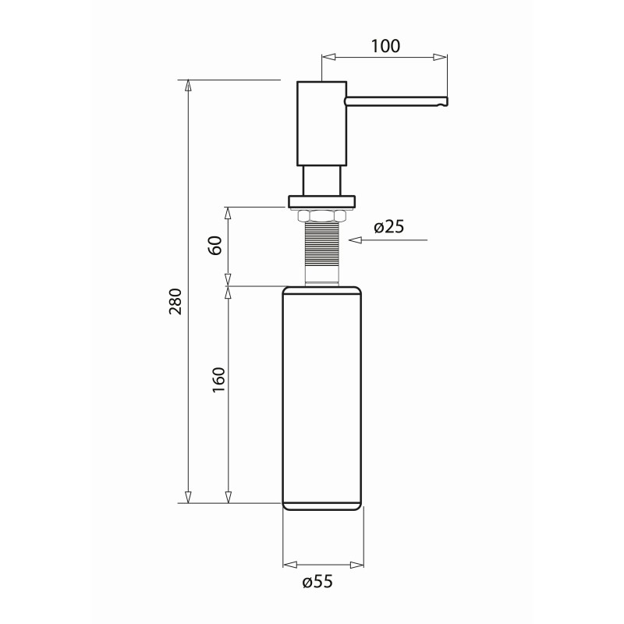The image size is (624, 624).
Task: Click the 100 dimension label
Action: (386, 45)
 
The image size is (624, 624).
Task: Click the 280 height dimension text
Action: (175, 303)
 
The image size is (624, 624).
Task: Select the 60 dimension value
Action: (216, 246)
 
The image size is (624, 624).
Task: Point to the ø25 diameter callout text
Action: (388, 227)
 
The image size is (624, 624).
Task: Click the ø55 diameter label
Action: (321, 582)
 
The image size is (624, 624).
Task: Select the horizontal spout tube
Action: (394, 100)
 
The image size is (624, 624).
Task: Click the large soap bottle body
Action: (322, 398)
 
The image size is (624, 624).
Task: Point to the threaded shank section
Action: (322, 246)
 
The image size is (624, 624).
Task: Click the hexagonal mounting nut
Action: (322, 214)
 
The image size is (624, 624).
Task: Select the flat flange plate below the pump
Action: (322, 201)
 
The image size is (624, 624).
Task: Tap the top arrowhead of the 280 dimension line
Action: (188, 86)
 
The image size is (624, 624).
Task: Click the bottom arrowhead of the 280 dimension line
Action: (188, 497)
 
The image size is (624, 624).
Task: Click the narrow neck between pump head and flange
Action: (322, 180)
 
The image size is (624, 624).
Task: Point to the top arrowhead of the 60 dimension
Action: (228, 212)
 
